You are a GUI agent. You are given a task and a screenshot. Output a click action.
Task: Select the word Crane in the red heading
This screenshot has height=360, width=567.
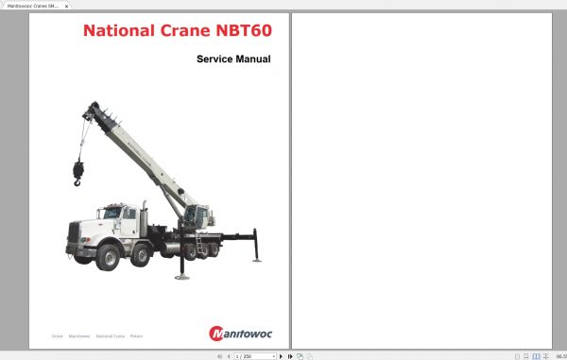pyautogui.click(x=176, y=30)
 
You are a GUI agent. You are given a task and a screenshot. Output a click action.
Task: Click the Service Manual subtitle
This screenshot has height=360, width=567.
pyautogui.click(x=233, y=60)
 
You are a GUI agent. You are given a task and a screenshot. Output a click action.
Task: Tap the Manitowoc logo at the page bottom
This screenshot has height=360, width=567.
pyautogui.click(x=239, y=333)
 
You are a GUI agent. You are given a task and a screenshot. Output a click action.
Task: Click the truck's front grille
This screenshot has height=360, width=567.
pyautogui.click(x=74, y=231)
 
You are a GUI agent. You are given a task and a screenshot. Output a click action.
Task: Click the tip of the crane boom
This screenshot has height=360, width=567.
pyautogui.click(x=93, y=111)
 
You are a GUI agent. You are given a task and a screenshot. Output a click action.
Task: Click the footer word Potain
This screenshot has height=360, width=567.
pyautogui.click(x=137, y=335)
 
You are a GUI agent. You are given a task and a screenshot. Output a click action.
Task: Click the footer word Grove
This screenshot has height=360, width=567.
pyautogui.click(x=57, y=335)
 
